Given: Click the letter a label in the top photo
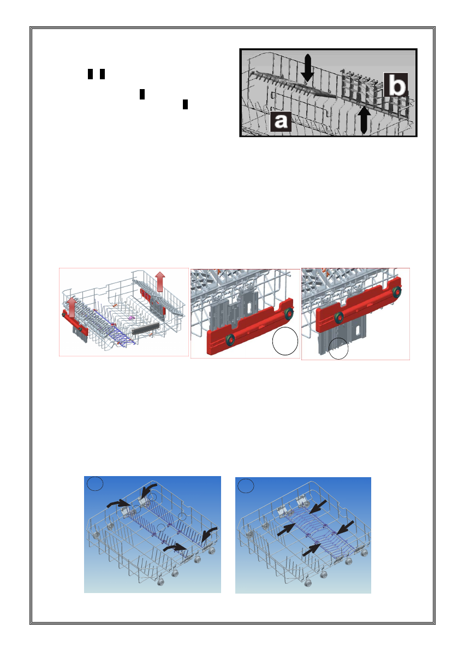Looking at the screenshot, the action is [281, 121].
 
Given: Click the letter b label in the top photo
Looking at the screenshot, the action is [396, 85].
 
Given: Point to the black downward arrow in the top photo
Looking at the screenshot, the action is [307, 68].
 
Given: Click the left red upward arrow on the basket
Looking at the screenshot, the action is [72, 308].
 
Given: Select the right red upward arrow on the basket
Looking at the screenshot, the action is [160, 281].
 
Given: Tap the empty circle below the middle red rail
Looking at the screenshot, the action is [285, 341].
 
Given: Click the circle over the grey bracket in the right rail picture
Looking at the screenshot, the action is [338, 348].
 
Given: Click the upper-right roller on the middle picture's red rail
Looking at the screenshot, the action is [289, 314].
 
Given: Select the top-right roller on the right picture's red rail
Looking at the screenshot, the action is [397, 291].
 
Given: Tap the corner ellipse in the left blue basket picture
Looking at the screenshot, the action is [95, 484].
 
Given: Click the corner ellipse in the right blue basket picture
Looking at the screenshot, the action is [245, 486].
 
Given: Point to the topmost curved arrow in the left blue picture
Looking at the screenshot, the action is [148, 490].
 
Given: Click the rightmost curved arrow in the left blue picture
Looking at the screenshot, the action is [209, 535].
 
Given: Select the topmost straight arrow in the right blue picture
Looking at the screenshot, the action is [318, 507].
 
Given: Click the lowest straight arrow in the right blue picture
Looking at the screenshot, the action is [311, 549].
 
